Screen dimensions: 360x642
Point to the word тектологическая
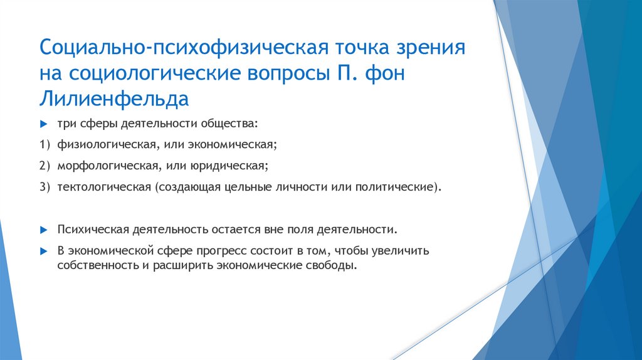pyautogui.click(x=103, y=187)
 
